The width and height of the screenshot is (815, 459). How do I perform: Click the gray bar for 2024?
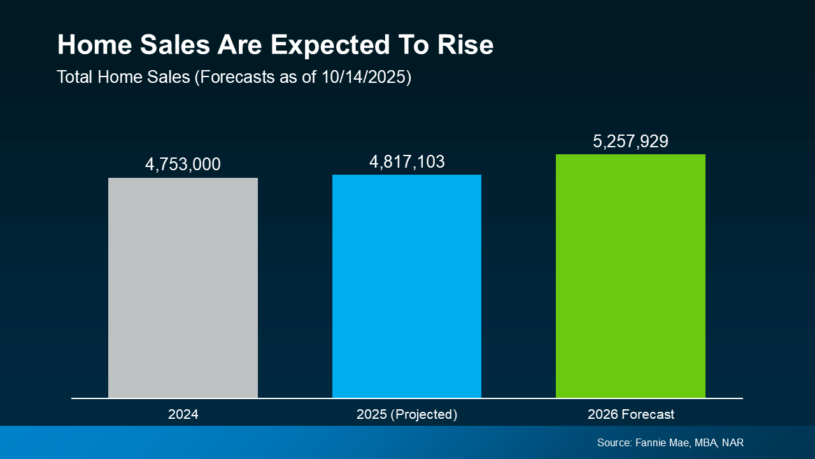[183, 288]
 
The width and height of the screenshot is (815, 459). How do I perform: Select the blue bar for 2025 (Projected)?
[407, 286]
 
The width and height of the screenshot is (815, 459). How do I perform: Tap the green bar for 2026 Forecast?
[630, 276]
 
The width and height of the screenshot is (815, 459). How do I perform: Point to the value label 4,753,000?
[183, 164]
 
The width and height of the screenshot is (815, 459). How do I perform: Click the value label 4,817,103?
[407, 162]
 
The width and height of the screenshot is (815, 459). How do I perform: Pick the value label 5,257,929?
[630, 142]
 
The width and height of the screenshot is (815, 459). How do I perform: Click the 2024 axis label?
[183, 414]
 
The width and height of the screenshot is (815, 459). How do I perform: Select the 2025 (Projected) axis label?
[407, 414]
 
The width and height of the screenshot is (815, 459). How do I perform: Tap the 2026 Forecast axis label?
[630, 414]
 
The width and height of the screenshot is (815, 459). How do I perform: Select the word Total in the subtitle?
[74, 77]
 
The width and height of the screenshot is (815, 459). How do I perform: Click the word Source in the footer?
[614, 442]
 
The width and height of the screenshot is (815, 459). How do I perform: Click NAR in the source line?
[733, 442]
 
